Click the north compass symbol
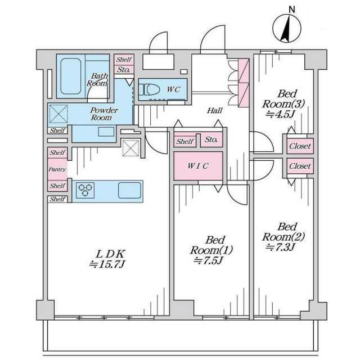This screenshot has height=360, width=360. pyautogui.click(x=287, y=28)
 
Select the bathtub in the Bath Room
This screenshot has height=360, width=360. pyautogui.click(x=71, y=76)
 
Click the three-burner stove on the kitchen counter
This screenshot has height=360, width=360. pyautogui.click(x=85, y=190)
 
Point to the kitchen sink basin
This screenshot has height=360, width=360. pyautogui.click(x=129, y=190)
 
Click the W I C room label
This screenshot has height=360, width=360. pyautogui.click(x=198, y=166)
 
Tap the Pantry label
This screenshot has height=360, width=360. pyautogui.click(x=57, y=169)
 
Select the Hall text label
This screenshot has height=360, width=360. pyautogui.click(x=215, y=111)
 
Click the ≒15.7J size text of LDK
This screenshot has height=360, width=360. pyautogui.click(x=107, y=265)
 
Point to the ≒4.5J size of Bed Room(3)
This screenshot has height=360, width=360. pyautogui.click(x=280, y=114)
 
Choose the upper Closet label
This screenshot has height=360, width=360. pyautogui.click(x=300, y=146)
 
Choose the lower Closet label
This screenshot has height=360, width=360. pyautogui.click(x=300, y=166)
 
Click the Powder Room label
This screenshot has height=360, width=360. pyautogui.click(x=103, y=114)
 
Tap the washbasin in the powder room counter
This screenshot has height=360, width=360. pyautogui.click(x=106, y=132)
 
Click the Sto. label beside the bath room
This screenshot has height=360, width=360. pyautogui.click(x=124, y=70)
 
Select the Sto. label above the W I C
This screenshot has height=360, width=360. pyautogui.click(x=211, y=139)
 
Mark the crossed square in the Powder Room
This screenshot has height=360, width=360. pyautogui.click(x=58, y=114)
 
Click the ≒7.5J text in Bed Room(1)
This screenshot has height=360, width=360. pyautogui.click(x=208, y=261)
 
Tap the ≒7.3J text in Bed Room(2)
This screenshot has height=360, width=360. pyautogui.click(x=280, y=247)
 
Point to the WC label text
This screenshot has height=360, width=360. pyautogui.click(x=173, y=89)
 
